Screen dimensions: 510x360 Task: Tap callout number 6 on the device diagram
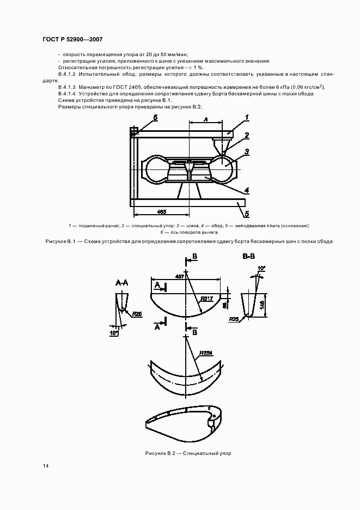click(155, 117)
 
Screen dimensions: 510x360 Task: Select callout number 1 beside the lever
click(246, 117)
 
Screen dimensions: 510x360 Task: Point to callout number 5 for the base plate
click(246, 214)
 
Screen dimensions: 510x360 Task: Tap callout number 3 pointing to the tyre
click(246, 152)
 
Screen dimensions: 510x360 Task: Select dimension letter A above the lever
click(205, 119)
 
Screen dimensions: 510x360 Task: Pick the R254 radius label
click(205, 353)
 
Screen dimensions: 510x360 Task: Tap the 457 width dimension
click(179, 277)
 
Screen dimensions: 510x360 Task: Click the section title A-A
click(121, 283)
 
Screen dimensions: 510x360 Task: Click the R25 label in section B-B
click(234, 319)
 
